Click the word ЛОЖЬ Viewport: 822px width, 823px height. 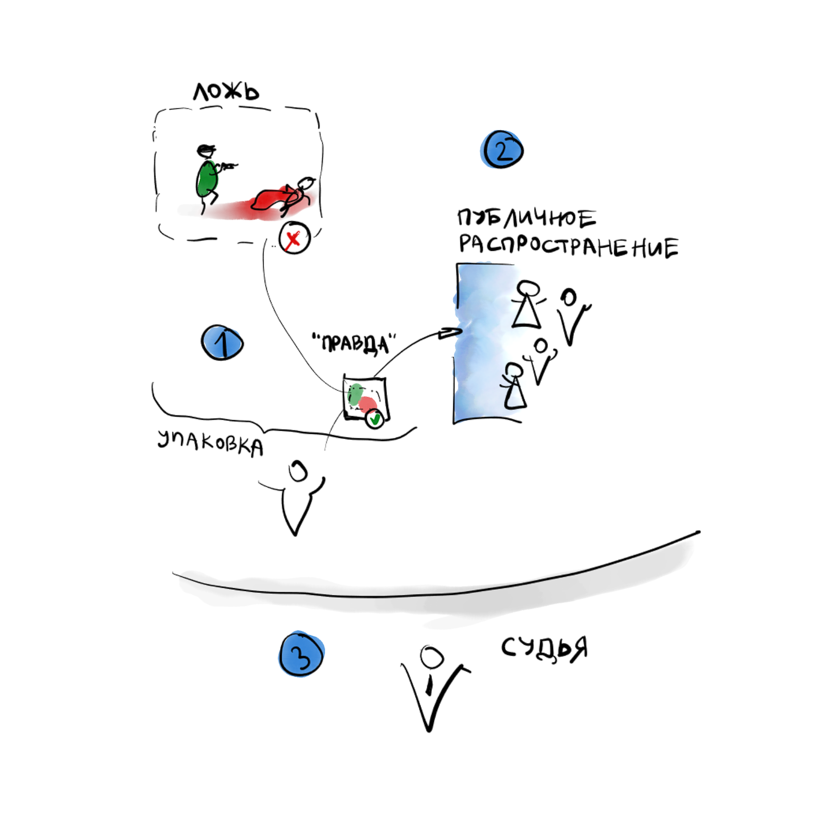226,92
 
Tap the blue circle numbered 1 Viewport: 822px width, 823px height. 222,343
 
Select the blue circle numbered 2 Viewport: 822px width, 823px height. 501,149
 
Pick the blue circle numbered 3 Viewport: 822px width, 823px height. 301,654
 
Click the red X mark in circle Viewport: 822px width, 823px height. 294,238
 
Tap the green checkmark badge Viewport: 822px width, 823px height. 374,418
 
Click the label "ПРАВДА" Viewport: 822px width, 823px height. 354,343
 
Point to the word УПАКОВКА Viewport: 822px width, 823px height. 210,443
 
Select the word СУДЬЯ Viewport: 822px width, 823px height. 544,649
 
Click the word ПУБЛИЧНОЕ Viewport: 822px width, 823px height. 526,218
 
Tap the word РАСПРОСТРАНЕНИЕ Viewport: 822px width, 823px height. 568,246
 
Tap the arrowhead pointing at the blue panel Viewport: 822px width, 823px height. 450,333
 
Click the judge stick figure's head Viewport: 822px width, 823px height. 431,657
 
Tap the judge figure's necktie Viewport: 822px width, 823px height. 429,685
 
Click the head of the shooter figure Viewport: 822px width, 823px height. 206,151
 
